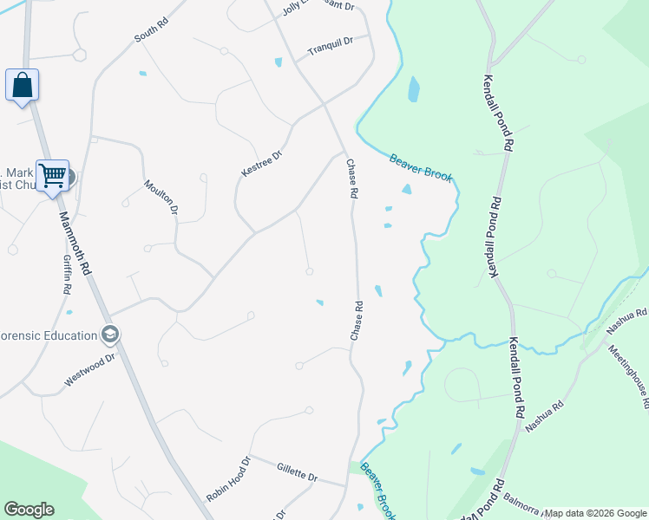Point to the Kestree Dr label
tap(261, 165)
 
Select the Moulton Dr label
tap(161, 197)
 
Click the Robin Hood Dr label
tap(228, 479)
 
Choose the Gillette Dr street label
tap(298, 474)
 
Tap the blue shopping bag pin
tap(22, 86)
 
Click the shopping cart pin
tap(52, 175)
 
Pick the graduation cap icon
tap(109, 334)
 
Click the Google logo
tap(29, 510)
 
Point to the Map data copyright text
tap(594, 513)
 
